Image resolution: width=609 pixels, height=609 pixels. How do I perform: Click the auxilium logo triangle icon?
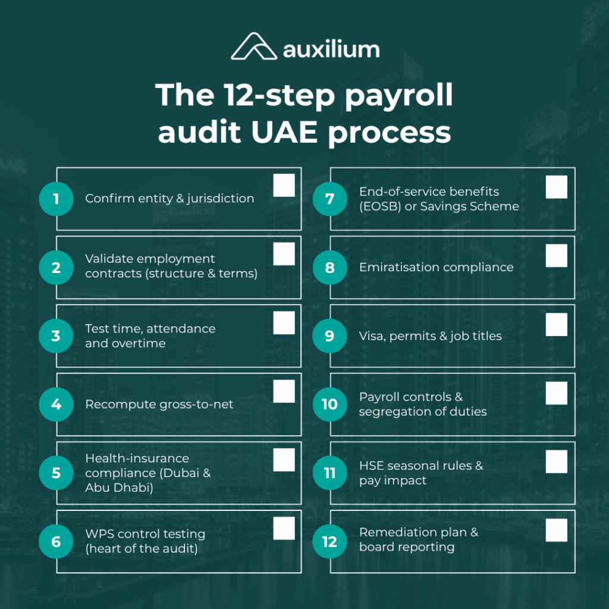253,47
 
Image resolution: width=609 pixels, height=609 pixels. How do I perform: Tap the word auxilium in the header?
331,49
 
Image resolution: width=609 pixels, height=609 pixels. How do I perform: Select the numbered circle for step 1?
56,199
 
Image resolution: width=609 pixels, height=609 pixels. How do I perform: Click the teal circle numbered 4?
56,404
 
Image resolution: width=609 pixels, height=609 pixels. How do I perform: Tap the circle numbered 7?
329,199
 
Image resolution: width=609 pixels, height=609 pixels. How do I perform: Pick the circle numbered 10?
329,404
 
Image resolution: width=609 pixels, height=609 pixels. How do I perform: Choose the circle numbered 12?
329,541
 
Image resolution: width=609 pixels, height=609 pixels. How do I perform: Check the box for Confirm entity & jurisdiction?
284,186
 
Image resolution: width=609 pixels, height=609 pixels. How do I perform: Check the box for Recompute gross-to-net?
284,391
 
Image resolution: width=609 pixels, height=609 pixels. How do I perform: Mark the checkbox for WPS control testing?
284,528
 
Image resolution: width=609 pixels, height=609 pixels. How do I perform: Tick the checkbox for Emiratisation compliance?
557,256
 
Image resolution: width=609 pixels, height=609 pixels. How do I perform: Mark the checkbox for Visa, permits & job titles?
557,325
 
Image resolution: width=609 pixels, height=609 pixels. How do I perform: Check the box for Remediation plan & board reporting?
557,530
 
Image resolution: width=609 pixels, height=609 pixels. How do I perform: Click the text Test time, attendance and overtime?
150,336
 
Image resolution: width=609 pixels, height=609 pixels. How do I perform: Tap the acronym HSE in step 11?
372,466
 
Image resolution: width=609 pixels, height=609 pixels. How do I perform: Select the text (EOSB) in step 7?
379,207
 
